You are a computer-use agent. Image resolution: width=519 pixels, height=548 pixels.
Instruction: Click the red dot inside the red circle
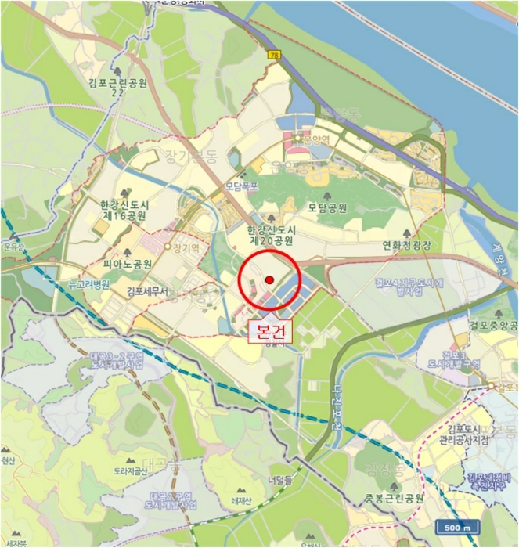(x=269, y=279)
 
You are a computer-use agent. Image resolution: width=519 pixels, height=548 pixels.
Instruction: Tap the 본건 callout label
(x=270, y=331)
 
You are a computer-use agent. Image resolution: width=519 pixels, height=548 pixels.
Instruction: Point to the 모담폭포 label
(x=241, y=186)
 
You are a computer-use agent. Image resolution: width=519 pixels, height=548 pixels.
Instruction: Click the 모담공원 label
(x=327, y=208)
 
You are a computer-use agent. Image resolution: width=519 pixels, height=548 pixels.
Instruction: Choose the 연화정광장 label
(x=407, y=244)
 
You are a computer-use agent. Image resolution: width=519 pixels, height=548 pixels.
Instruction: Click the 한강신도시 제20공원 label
(x=271, y=235)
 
